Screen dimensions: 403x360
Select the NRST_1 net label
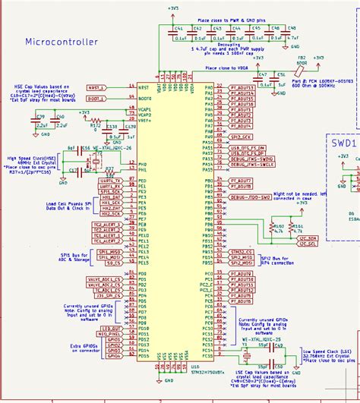[96, 87]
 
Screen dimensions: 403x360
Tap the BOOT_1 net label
[96, 99]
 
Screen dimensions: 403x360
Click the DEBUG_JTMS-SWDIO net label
[251, 159]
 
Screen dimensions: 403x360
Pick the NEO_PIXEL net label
[109, 333]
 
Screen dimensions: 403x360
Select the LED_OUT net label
[111, 327]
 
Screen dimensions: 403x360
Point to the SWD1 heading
[345, 142]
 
